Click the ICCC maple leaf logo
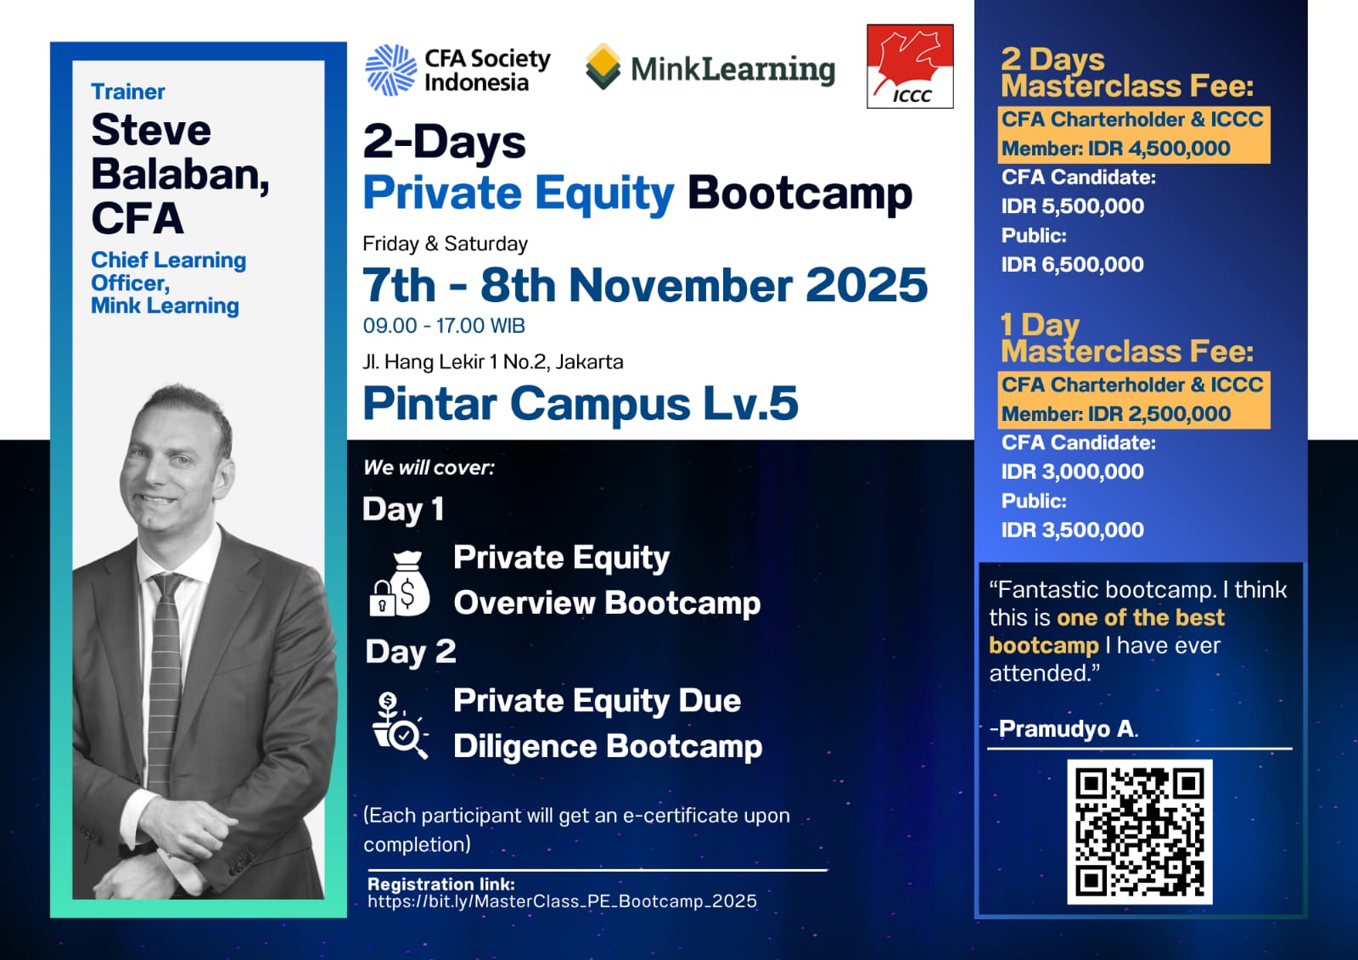[910, 66]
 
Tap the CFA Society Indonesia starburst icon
[391, 70]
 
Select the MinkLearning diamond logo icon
[603, 66]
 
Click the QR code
[1140, 832]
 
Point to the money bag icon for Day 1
[400, 583]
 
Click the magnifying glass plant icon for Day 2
[400, 726]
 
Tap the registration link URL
[562, 901]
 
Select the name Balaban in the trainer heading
[180, 174]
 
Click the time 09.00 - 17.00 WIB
[444, 326]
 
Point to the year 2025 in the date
[867, 285]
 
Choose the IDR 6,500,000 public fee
[1073, 265]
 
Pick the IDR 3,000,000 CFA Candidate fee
[1073, 472]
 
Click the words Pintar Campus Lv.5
[581, 403]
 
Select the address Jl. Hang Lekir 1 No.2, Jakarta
[493, 362]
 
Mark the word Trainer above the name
[128, 92]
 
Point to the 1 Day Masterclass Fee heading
[1127, 338]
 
